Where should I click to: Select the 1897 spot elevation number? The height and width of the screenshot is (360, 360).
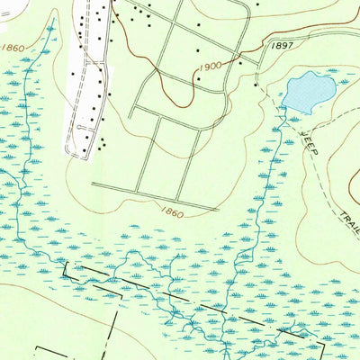(x=282, y=45)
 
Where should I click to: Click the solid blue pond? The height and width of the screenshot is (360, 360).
(x=306, y=89)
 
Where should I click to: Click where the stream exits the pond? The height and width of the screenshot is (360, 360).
(x=284, y=109)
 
